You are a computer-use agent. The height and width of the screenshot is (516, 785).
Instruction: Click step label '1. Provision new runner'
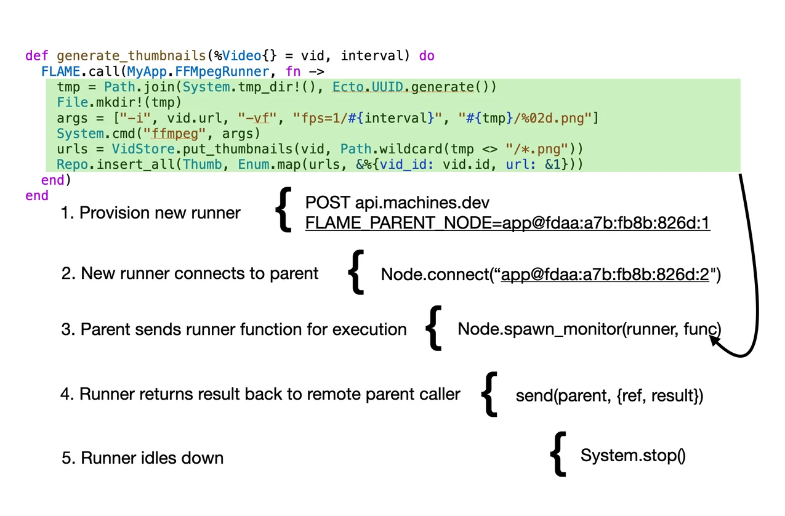pos(150,213)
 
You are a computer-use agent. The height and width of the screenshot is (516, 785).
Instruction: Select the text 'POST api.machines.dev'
pos(398,203)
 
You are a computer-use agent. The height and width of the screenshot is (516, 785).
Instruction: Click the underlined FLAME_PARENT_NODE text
pos(507,223)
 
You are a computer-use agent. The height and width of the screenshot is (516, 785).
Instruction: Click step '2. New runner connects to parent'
pos(190,273)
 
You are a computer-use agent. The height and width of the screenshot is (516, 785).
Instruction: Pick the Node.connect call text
pos(550,274)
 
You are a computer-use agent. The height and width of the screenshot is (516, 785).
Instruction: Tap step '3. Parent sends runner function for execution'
pos(234,329)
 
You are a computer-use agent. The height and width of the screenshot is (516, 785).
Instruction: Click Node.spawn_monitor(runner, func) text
pos(589,329)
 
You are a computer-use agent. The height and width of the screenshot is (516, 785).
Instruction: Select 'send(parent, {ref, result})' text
pos(609,395)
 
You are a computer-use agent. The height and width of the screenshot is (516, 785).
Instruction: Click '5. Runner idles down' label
pos(143,458)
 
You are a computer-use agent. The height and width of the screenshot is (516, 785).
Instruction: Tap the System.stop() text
pos(632,456)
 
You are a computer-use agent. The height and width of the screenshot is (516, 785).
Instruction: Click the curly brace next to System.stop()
pos(557,454)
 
